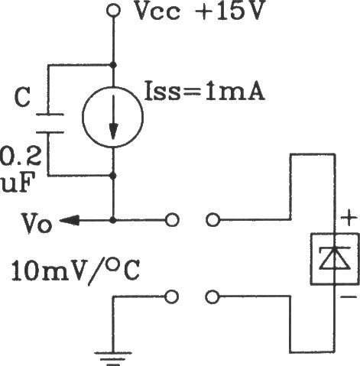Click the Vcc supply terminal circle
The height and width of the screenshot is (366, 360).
pyautogui.click(x=113, y=11)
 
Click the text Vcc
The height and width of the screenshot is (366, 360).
pyautogui.click(x=157, y=11)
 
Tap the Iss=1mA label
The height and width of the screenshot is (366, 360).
pyautogui.click(x=205, y=91)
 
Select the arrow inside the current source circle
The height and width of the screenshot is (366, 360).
pyautogui.click(x=113, y=118)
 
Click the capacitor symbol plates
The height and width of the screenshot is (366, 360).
pyautogui.click(x=50, y=124)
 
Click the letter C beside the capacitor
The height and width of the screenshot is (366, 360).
pyautogui.click(x=22, y=97)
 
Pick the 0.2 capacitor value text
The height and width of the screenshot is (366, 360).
pyautogui.click(x=20, y=156)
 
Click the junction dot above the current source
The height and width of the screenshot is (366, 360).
pyautogui.click(x=113, y=65)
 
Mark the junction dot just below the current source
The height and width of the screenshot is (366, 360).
pyautogui.click(x=113, y=176)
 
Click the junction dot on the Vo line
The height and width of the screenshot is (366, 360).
pyautogui.click(x=113, y=220)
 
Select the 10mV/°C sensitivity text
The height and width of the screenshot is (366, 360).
pyautogui.click(x=75, y=270)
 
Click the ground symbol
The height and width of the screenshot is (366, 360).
pyautogui.click(x=113, y=359)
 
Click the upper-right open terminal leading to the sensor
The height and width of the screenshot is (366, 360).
pyautogui.click(x=212, y=220)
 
